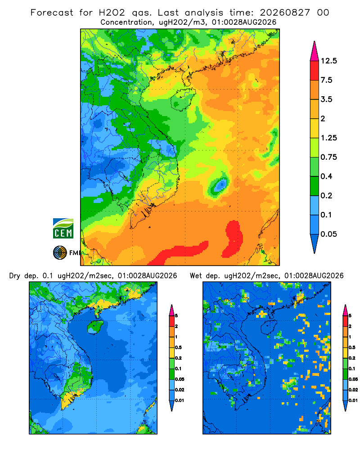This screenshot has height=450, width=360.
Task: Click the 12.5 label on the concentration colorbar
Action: tap(328, 61)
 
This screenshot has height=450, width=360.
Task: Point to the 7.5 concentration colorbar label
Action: tap(326, 80)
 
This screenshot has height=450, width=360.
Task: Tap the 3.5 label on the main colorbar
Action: tap(326, 99)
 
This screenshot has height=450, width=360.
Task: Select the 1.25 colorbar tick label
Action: tap(328, 138)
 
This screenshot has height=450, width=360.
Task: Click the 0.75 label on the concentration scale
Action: tap(328, 157)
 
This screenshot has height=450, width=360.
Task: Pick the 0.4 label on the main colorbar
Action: tap(326, 176)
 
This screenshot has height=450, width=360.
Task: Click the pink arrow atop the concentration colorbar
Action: tap(315, 51)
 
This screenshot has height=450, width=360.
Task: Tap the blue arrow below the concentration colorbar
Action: tap(315, 243)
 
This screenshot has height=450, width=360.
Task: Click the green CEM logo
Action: tap(63, 229)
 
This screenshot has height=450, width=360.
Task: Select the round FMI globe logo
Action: tap(60, 253)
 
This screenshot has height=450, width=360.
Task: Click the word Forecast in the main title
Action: tap(52, 13)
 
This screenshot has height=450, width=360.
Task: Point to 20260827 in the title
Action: tap(285, 13)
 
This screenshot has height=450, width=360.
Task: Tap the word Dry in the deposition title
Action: tap(15, 276)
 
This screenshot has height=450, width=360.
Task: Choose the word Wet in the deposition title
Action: tap(196, 276)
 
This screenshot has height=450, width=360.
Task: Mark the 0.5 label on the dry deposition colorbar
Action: tap(178, 347)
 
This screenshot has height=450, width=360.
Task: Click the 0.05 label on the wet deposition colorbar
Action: tap(353, 379)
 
